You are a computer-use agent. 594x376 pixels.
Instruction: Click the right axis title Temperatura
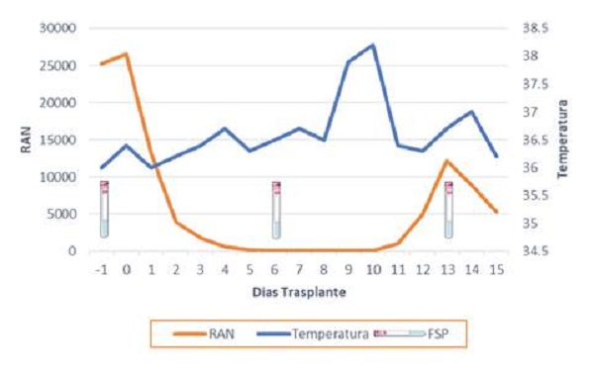[x=562, y=139]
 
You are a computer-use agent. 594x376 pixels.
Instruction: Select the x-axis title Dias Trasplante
[x=298, y=293]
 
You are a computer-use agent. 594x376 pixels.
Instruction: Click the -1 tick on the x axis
[x=100, y=270]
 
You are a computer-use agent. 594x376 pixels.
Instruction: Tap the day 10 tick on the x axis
[x=373, y=270]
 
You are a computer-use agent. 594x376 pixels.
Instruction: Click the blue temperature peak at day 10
[x=373, y=45]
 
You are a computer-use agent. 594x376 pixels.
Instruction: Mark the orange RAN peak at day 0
[x=126, y=53]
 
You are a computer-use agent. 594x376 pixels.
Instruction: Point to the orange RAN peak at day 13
[x=447, y=160]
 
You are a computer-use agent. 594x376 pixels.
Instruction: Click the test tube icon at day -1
[x=104, y=209]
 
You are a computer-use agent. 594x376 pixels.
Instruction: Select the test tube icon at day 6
[x=276, y=209]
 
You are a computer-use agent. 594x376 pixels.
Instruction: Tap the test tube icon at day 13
[x=448, y=209]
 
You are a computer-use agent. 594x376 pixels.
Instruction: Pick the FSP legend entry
[x=436, y=334]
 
